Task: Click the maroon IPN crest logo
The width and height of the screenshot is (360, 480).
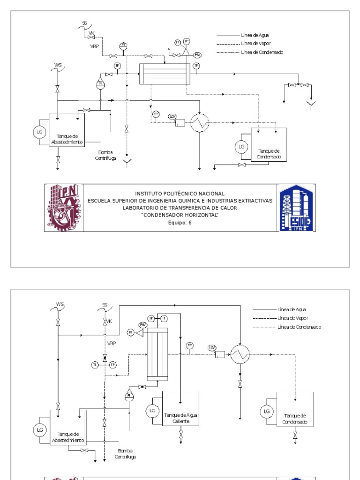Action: (x=64, y=208)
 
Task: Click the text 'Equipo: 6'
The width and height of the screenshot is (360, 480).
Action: (x=180, y=223)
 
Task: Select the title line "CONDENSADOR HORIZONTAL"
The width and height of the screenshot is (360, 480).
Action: (x=180, y=215)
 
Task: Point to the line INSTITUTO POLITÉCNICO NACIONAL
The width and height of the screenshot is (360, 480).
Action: (x=180, y=194)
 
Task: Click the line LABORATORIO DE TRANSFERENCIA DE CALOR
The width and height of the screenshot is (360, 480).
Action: (x=180, y=208)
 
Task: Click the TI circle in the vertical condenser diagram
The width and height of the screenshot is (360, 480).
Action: (x=95, y=364)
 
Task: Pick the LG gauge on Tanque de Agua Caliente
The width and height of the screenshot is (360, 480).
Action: (x=152, y=411)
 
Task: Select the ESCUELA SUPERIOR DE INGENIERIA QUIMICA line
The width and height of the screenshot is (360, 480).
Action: (x=180, y=201)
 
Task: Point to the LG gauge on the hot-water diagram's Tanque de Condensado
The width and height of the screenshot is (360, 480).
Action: (x=267, y=411)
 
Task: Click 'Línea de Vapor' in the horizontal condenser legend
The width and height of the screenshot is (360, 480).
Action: (x=255, y=44)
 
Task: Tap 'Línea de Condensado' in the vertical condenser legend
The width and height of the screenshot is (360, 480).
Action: (x=299, y=326)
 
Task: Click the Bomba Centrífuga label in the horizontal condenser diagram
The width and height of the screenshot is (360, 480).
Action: (x=107, y=155)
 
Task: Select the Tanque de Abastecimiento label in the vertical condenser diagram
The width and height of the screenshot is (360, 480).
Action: (x=68, y=437)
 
